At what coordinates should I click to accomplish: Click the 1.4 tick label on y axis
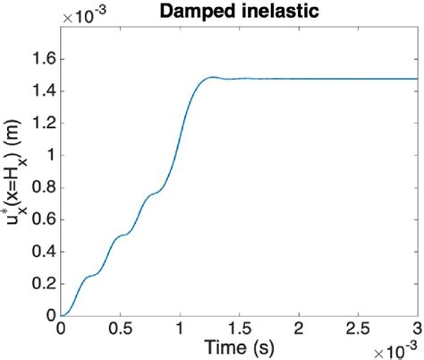pyautogui.click(x=42, y=90)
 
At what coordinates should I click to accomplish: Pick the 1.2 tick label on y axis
pyautogui.click(x=42, y=123)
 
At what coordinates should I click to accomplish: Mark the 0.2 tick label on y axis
pyautogui.click(x=42, y=284)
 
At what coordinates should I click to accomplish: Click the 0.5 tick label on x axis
pyautogui.click(x=120, y=328)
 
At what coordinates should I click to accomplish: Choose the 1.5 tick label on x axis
pyautogui.click(x=239, y=328)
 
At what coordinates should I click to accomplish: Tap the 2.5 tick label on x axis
pyautogui.click(x=359, y=328)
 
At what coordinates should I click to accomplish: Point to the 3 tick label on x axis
pyautogui.click(x=418, y=328)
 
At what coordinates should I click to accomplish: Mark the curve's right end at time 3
pyautogui.click(x=418, y=79)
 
